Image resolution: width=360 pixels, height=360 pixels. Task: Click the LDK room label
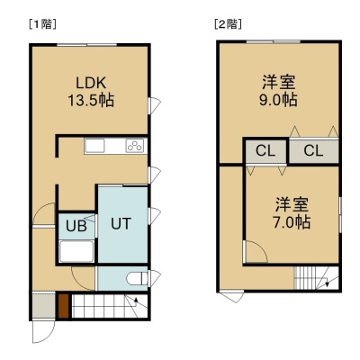91,83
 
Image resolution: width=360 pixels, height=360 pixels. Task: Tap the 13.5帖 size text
91,100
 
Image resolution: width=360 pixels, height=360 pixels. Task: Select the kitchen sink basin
94,146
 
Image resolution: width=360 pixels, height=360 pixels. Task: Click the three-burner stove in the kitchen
134,146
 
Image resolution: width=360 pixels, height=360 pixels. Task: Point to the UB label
76,226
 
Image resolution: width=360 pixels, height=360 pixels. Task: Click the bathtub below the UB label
76,251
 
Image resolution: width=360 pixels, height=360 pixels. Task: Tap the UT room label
121,223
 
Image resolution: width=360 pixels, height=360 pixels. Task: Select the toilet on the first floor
137,279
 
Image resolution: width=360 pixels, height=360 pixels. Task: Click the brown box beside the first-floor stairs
63,306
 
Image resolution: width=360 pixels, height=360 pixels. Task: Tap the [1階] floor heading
42,24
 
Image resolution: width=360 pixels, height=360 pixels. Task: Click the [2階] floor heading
228,24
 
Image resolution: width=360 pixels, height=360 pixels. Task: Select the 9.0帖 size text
278,100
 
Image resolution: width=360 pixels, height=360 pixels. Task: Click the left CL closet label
265,151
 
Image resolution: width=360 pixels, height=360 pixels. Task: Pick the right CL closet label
313,150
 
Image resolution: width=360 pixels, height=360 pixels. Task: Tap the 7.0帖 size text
292,222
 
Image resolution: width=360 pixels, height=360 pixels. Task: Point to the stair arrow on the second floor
326,282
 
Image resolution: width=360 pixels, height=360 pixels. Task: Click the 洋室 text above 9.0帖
279,83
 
